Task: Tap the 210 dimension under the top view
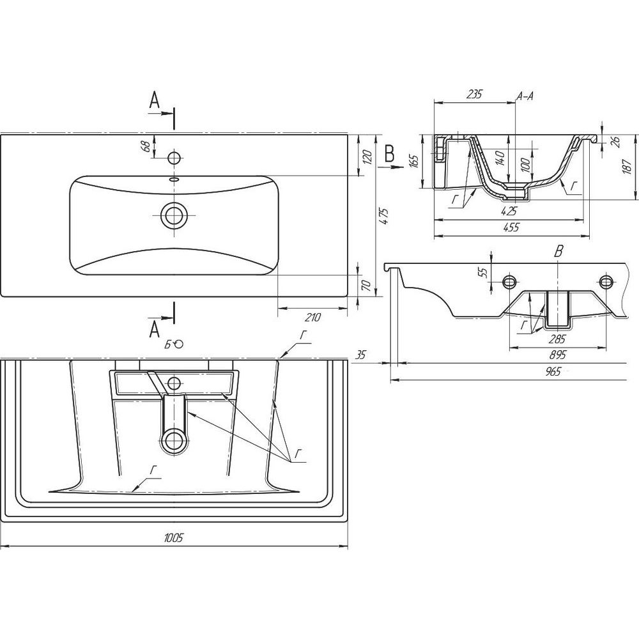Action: pos(312,317)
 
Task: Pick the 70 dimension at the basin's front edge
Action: pos(366,285)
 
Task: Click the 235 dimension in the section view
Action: pos(474,95)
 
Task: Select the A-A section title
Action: pos(525,96)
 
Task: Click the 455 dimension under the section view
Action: pos(511,227)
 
